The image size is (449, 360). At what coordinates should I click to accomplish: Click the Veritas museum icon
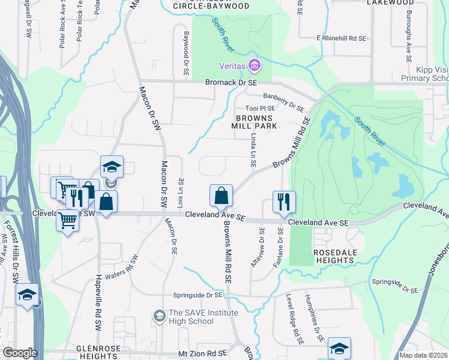tap(254, 65)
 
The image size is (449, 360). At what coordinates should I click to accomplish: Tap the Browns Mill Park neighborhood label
tap(255, 122)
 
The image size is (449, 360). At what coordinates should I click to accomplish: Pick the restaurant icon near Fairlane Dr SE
tap(284, 202)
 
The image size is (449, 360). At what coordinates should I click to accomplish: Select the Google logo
tap(20, 353)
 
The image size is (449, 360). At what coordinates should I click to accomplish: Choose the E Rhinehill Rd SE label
tap(341, 38)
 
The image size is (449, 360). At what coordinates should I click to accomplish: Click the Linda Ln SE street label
tap(253, 151)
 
